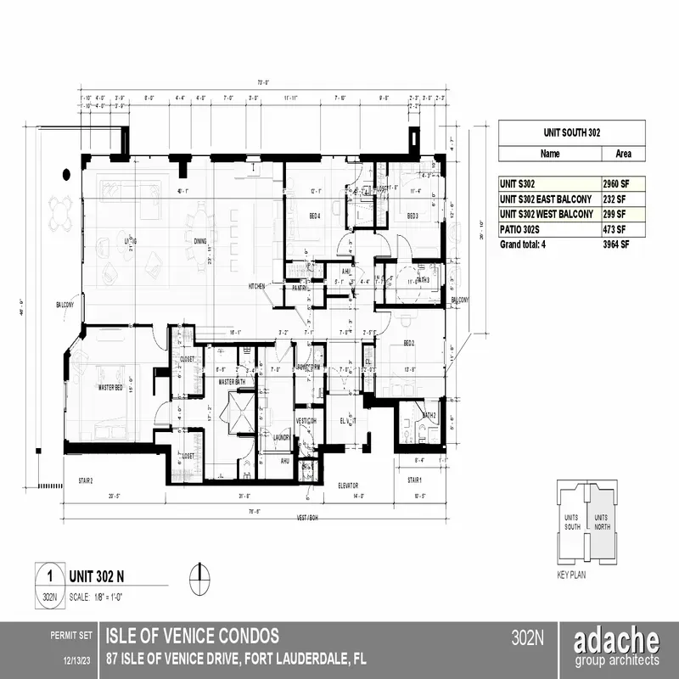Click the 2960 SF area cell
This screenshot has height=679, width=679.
coord(614,182)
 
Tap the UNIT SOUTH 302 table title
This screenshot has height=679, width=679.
coord(570,133)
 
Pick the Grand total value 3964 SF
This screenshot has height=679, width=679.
coord(614,244)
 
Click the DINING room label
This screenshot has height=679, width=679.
coord(200,242)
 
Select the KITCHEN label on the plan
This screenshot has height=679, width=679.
coord(257,286)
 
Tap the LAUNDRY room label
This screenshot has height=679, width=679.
coord(283,437)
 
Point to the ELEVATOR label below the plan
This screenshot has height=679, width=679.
coord(348,486)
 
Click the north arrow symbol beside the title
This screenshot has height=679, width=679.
coord(200,576)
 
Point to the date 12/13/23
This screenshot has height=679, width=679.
coord(77,659)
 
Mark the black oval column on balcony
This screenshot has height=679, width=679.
coord(66,174)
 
